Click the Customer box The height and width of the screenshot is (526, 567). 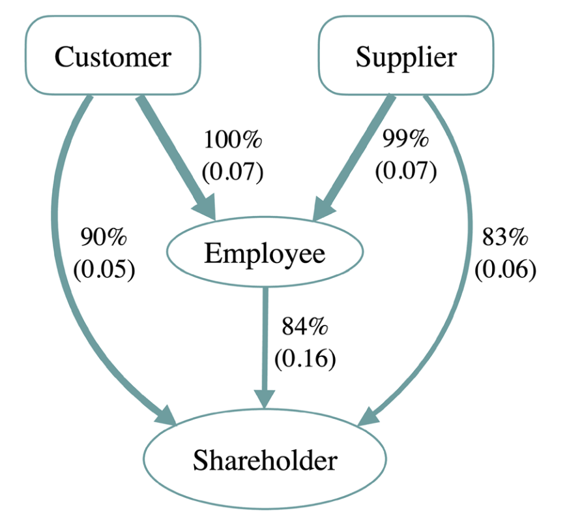[112, 57]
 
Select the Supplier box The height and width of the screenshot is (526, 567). [405, 57]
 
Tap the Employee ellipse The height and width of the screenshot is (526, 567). [265, 254]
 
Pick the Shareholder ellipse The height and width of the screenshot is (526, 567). [265, 461]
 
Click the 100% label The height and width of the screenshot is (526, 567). [233, 140]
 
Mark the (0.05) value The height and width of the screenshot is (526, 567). [104, 269]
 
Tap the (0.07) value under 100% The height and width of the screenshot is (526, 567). [233, 172]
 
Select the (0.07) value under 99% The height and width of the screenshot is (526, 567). [405, 172]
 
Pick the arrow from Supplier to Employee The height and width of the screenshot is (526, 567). [355, 153]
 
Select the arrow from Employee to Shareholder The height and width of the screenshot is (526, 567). [265, 339]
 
